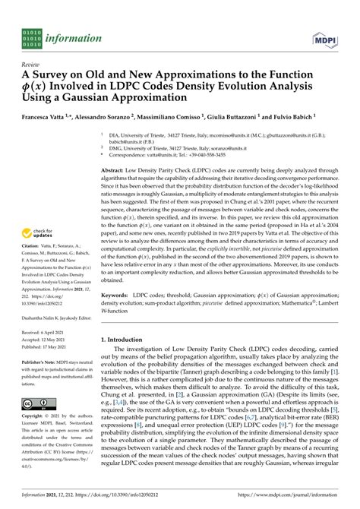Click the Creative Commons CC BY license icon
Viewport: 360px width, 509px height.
(x=36, y=403)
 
